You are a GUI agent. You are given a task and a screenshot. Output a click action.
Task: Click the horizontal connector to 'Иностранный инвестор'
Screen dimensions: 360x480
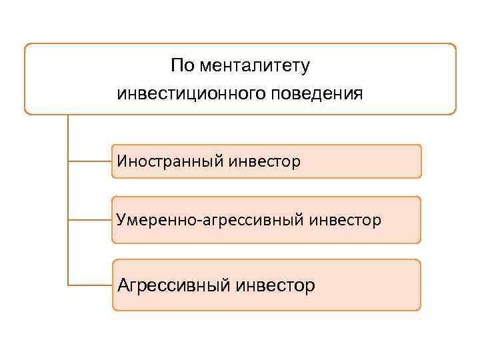point(90,161)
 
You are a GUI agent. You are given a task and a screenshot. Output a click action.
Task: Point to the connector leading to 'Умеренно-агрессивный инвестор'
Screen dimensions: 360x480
point(90,219)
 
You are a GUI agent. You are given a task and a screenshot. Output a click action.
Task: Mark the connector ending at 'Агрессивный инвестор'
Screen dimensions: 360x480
point(90,285)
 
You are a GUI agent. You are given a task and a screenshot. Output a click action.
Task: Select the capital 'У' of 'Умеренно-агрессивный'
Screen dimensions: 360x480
point(121,219)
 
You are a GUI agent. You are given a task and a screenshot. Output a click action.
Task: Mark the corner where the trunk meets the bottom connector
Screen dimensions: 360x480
point(68,285)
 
